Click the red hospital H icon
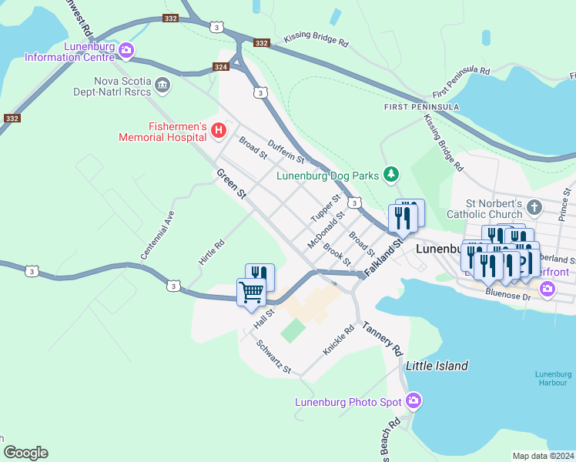click(x=218, y=132)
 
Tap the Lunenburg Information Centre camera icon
click(x=126, y=51)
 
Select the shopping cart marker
click(x=251, y=293)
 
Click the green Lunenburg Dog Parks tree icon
click(x=392, y=175)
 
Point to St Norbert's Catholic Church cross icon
click(x=535, y=208)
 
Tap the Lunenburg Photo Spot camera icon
click(x=414, y=401)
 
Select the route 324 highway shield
click(x=220, y=69)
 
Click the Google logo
click(x=25, y=453)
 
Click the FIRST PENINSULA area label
click(x=422, y=106)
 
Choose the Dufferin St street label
click(x=286, y=151)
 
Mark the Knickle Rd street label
click(x=338, y=340)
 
